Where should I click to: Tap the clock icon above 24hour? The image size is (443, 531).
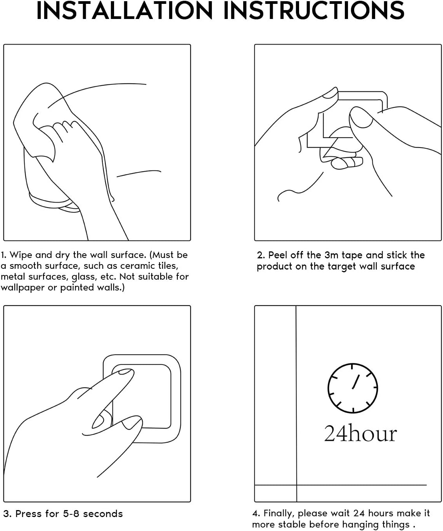pyautogui.click(x=353, y=388)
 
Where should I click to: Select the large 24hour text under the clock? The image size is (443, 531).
pyautogui.click(x=360, y=434)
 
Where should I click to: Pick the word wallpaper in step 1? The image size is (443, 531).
pyautogui.click(x=22, y=288)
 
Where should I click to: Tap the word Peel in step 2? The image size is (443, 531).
pyautogui.click(x=278, y=255)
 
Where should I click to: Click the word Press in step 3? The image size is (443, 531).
pyautogui.click(x=29, y=514)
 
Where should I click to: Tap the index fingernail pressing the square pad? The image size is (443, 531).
pyautogui.click(x=125, y=372)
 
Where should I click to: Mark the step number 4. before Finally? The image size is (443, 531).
pyautogui.click(x=256, y=514)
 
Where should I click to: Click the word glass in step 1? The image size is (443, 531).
pyautogui.click(x=82, y=277)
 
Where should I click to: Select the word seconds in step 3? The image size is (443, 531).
pyautogui.click(x=103, y=514)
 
